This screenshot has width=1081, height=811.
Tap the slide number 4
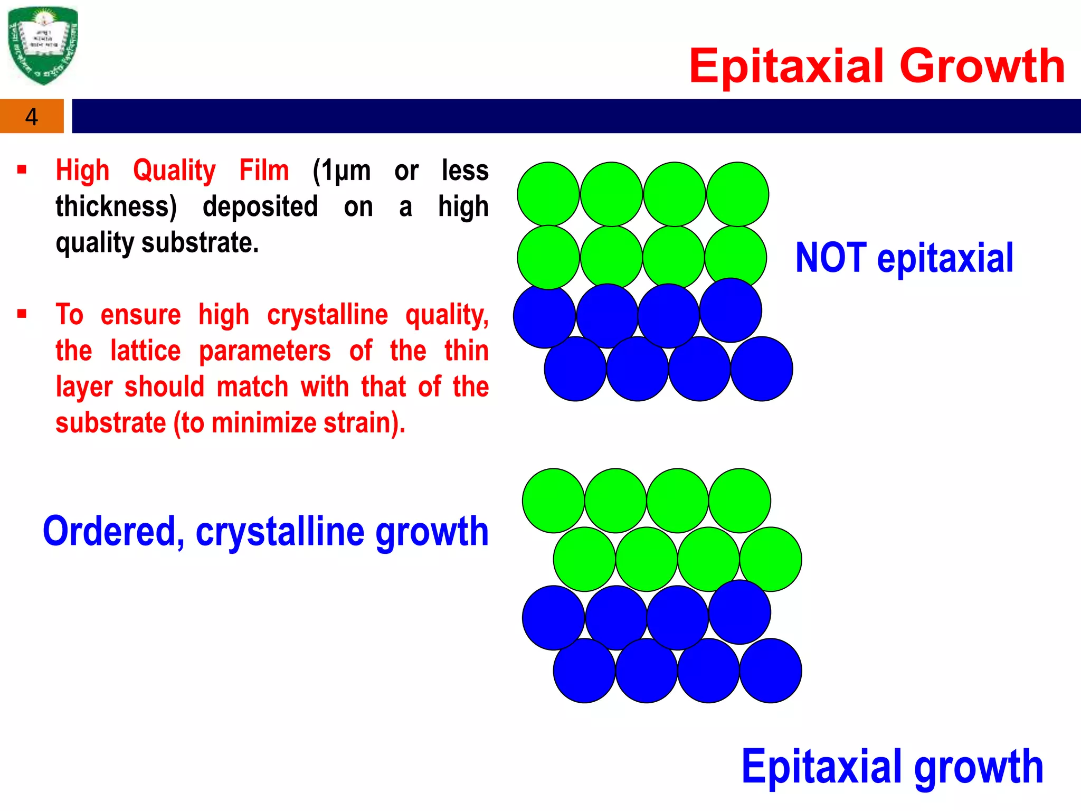tap(32, 117)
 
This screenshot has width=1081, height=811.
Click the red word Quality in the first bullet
tap(174, 171)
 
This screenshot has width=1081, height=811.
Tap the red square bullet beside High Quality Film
tap(22, 169)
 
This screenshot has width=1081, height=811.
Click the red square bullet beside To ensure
tap(22, 314)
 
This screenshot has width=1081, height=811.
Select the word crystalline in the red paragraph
tap(327, 315)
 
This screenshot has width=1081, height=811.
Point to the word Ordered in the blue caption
tap(113, 531)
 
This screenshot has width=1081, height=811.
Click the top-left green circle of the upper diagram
tap(548, 194)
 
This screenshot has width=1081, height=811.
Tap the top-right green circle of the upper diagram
tap(737, 194)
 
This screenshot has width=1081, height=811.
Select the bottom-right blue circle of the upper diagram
tap(762, 369)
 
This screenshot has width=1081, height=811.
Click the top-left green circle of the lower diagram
tap(553, 500)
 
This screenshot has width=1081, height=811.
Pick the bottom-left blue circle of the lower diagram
tap(584, 671)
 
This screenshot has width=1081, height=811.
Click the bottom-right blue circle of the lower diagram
tap(771, 671)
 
